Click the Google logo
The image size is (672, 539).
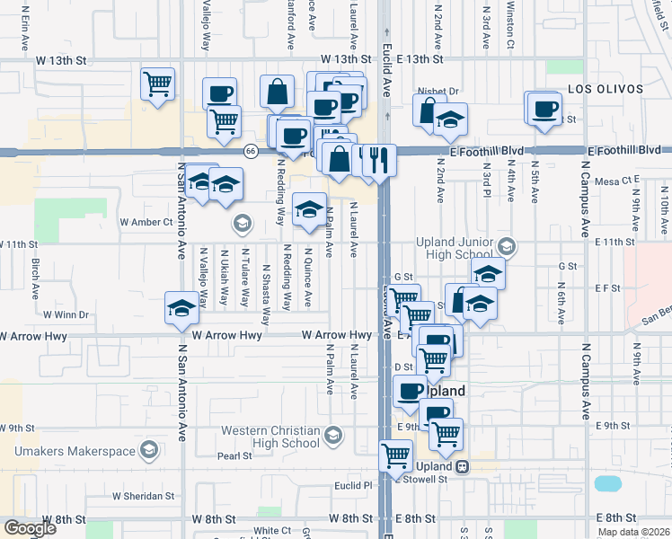point(30,528)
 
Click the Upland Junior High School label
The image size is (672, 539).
point(455,249)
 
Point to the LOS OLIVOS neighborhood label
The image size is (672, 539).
point(606,89)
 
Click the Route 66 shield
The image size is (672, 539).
point(252,151)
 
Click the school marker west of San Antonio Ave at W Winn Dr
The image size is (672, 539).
point(181,307)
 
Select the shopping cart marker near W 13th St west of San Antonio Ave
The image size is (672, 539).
point(157,84)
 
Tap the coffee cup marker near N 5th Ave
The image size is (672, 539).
point(544,108)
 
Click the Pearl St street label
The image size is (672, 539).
point(234,456)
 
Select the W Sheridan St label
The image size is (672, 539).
point(142,496)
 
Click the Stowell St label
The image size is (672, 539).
point(429,480)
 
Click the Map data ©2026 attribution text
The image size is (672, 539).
point(634,532)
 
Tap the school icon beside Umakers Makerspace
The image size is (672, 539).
point(150,451)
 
